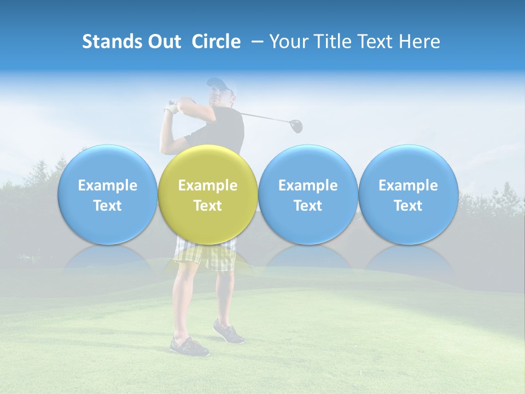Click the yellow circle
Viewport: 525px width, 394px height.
pyautogui.click(x=208, y=164)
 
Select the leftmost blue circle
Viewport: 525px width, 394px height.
pyautogui.click(x=107, y=164)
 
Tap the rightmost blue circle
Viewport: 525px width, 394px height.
pyautogui.click(x=408, y=164)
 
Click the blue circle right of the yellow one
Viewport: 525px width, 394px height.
pyautogui.click(x=308, y=164)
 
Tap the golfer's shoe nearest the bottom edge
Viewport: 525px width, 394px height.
pyautogui.click(x=189, y=347)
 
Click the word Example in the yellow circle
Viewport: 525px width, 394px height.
pyautogui.click(x=208, y=186)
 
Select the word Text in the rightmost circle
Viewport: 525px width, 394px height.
pyautogui.click(x=408, y=206)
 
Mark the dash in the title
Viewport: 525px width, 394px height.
pyautogui.click(x=255, y=42)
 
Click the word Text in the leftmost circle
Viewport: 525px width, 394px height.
pyautogui.click(x=107, y=206)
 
